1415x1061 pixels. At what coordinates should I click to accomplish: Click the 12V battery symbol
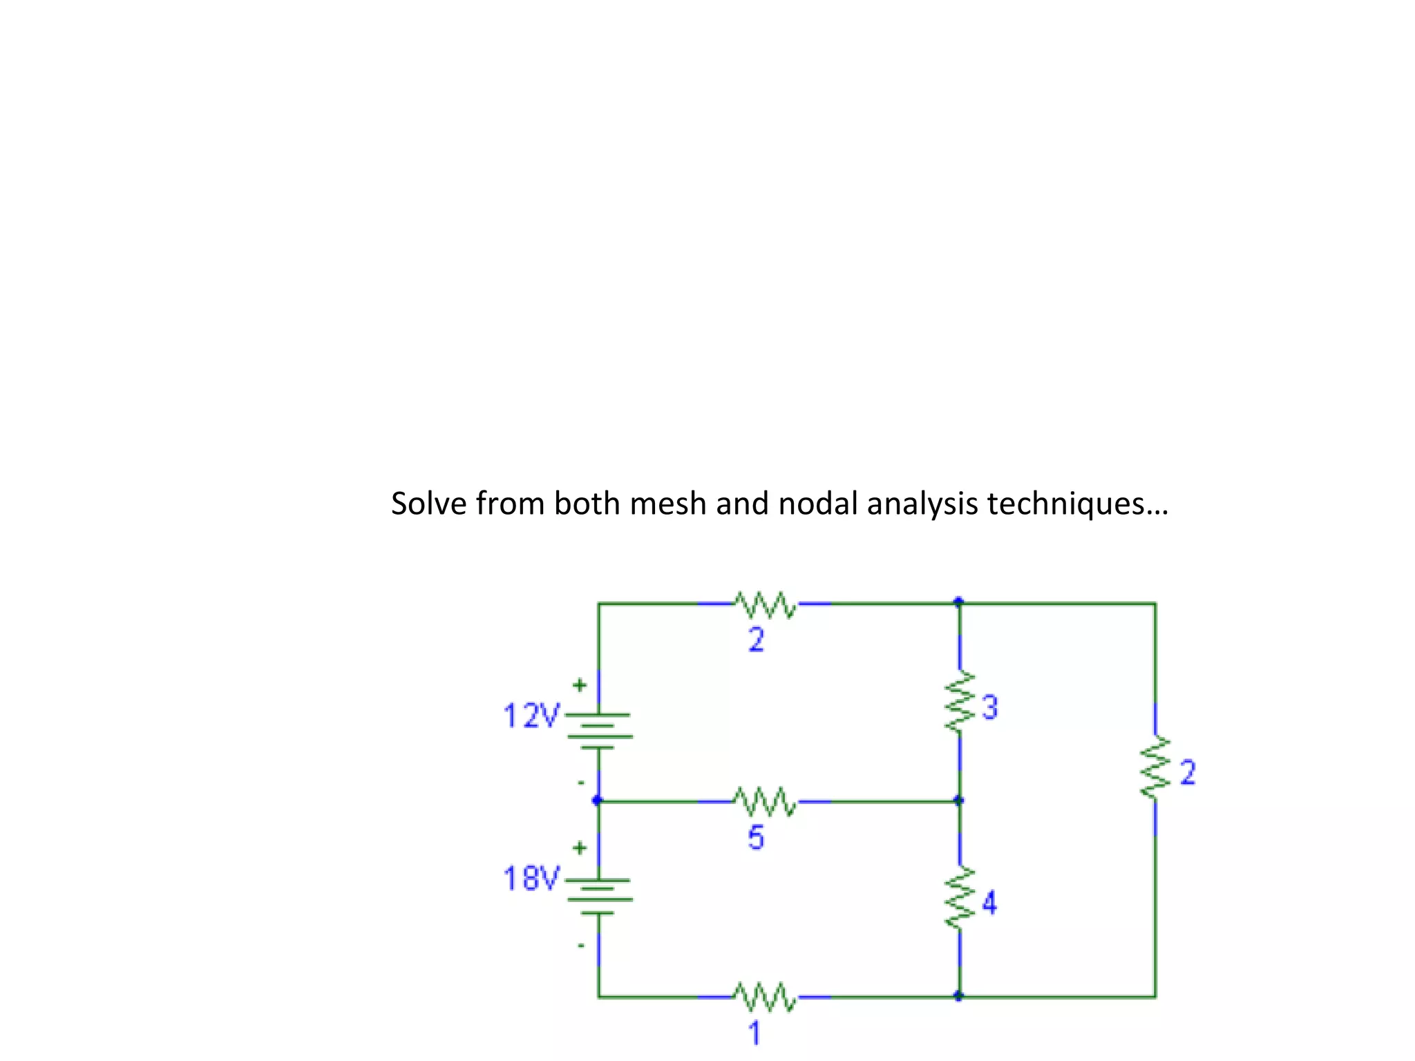[599, 731]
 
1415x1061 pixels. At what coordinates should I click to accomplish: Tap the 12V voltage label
[531, 716]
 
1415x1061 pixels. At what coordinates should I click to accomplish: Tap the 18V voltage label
[531, 879]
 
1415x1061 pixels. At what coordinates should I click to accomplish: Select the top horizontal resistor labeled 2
[766, 604]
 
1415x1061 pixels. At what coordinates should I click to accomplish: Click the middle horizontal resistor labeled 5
[766, 801]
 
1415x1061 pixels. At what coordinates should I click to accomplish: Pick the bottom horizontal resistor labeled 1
[766, 996]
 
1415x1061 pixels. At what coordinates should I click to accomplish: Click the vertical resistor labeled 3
[960, 702]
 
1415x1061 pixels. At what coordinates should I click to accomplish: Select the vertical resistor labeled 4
[960, 898]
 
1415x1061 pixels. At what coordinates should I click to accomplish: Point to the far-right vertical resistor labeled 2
[1155, 768]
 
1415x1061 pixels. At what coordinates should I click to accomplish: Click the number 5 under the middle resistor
[756, 837]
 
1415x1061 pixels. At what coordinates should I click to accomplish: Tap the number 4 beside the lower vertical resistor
[989, 903]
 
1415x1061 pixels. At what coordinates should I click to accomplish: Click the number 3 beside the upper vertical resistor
[990, 708]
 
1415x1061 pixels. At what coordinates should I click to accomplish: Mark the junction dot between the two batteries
[598, 801]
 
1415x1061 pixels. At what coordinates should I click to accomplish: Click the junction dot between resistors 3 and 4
[959, 801]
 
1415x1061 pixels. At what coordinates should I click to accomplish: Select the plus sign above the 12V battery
[580, 685]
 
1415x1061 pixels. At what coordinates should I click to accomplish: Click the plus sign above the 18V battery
[580, 848]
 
